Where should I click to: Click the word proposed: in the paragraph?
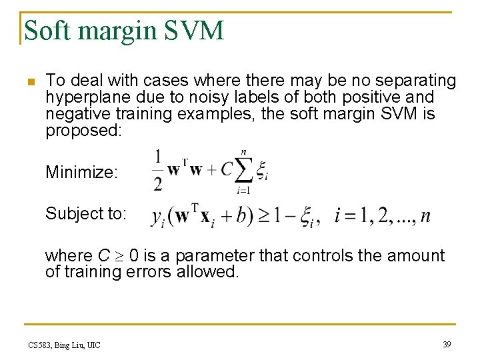click(x=83, y=130)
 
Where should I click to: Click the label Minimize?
click(x=81, y=173)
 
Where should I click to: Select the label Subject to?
click(x=85, y=213)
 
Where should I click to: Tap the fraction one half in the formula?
click(x=158, y=171)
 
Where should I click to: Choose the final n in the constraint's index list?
click(x=425, y=217)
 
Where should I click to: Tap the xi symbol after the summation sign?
click(x=263, y=171)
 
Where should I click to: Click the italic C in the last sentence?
click(x=103, y=255)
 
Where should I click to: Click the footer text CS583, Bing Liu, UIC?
click(x=64, y=345)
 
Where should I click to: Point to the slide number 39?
click(x=447, y=344)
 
